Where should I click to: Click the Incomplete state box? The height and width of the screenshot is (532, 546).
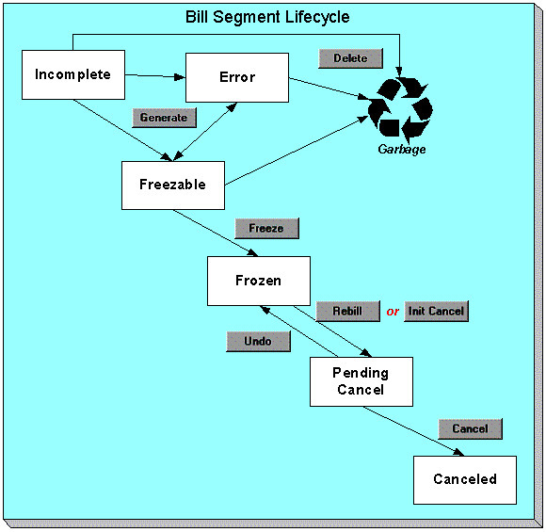(72, 74)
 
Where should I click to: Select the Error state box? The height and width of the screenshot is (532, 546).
(236, 77)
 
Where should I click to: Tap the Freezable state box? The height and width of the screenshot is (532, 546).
(172, 185)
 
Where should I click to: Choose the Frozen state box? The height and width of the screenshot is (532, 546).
(258, 281)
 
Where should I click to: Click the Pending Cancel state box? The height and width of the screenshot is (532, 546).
(361, 381)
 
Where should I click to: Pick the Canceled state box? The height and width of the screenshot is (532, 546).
(465, 479)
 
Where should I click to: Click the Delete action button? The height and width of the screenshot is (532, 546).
(349, 58)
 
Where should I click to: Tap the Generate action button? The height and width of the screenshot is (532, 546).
(165, 118)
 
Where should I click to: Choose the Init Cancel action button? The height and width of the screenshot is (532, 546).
(435, 311)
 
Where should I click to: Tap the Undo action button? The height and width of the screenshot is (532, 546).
(257, 342)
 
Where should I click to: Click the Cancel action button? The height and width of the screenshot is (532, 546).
(470, 428)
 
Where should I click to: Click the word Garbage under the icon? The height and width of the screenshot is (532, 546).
(402, 149)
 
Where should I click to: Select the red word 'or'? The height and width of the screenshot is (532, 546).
(393, 312)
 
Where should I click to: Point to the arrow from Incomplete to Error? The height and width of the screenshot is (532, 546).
(155, 75)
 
